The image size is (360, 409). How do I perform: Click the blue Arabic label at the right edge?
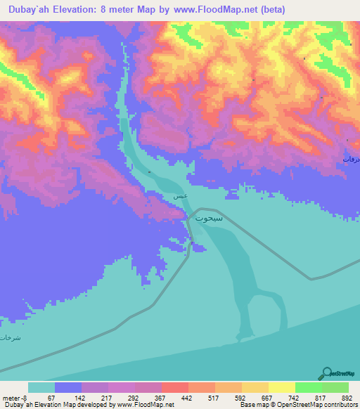click(351, 160)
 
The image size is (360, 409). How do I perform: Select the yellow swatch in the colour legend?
click(281, 388)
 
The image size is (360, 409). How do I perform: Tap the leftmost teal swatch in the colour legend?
click(41, 388)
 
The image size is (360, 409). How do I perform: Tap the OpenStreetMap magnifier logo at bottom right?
click(326, 373)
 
